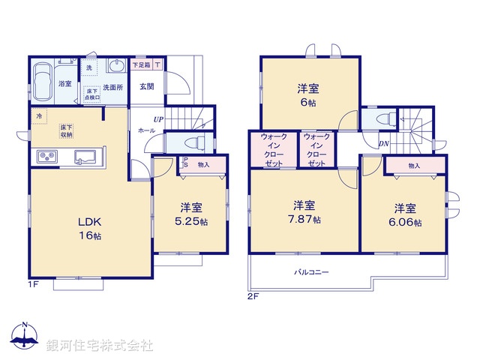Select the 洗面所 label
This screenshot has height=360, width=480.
[112, 86]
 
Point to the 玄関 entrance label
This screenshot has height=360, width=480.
[146, 87]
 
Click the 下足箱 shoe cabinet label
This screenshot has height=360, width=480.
[141, 66]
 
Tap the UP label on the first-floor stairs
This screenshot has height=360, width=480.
[158, 119]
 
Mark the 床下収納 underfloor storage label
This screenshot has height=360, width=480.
[67, 132]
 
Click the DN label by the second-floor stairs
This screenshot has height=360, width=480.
[383, 143]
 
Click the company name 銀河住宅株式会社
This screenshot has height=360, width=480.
[99, 346]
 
